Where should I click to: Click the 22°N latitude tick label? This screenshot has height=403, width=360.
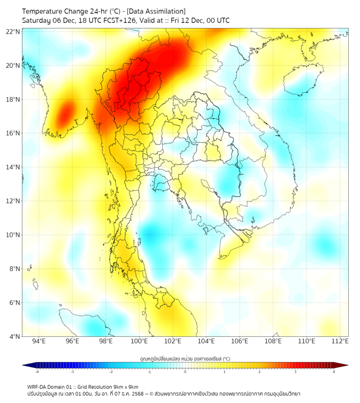pos(13,31)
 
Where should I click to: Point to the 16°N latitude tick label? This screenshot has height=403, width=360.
pos(13,133)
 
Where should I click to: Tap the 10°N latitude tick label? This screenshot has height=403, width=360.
pos(13,235)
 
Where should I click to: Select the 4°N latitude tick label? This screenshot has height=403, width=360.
pos(14,336)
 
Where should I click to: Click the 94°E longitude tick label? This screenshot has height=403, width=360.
pos(39,341)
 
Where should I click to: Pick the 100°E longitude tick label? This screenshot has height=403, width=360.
pos(140,341)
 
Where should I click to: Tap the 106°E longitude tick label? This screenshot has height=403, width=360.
pos(240,341)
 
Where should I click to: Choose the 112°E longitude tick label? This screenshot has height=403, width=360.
pos(340,341)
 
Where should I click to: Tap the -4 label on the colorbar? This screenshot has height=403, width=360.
pos(36,372)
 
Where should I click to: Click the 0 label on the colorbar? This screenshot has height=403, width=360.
pos(185,372)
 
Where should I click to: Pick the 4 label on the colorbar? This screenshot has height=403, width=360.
pos(334,372)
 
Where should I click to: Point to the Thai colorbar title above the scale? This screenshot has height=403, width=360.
pos(185,359)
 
